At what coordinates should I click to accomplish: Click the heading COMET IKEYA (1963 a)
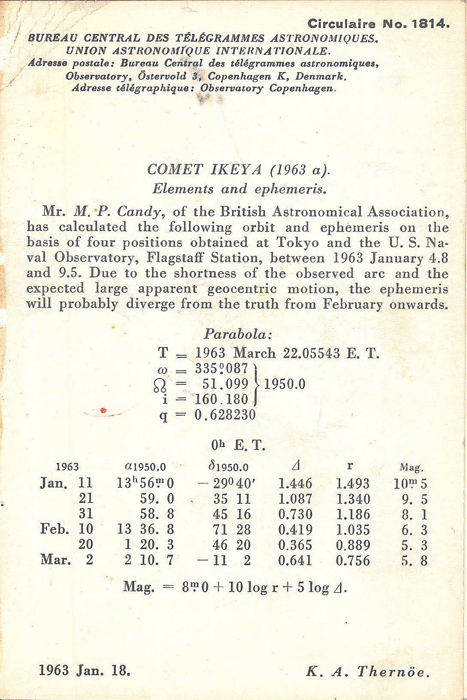coord(239,169)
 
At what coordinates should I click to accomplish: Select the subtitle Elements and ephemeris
coord(239,189)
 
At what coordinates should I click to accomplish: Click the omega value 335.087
coord(221,368)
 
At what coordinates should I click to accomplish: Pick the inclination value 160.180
coord(221,399)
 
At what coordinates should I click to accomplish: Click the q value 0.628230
coord(225,415)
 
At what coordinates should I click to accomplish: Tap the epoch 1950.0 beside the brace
coord(285,384)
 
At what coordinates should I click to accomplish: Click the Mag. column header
coord(411,467)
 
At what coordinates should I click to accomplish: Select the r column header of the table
coord(350,466)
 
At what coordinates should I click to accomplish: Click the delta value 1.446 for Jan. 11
coord(295,484)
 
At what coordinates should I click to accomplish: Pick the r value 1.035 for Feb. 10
coord(353,530)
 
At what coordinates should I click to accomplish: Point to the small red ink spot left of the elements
coord(103,411)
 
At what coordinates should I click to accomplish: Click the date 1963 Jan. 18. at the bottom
coord(85,670)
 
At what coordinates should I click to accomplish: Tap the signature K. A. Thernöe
coord(368,672)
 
